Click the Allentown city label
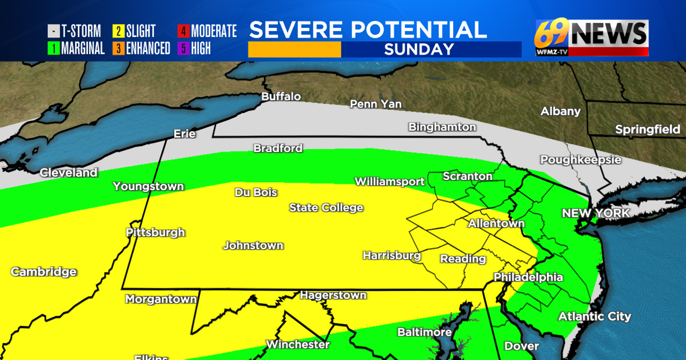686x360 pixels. coord(496,223)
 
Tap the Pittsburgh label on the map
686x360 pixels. coord(155,233)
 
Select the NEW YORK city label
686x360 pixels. coord(595,213)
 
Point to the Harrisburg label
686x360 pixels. coord(392,255)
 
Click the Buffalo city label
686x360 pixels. coord(281,97)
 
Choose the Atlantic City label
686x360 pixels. coord(595,316)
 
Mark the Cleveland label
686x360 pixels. coord(69,173)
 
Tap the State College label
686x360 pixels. coord(326,207)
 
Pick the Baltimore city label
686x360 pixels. coord(425,332)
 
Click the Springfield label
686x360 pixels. coord(647,130)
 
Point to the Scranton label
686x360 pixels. coord(468,177)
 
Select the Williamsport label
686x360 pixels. coord(389,182)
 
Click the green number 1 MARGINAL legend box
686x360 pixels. coord(53,49)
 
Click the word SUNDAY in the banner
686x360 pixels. coord(419,49)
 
